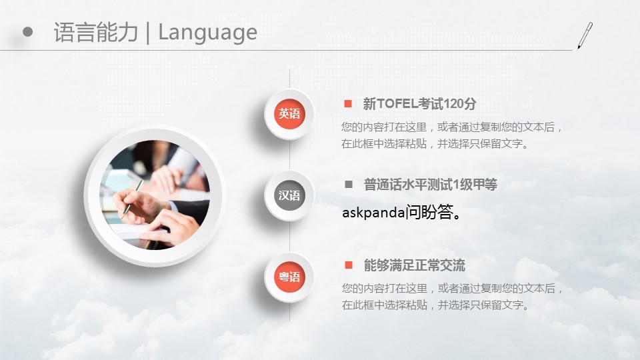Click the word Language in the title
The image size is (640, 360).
207,33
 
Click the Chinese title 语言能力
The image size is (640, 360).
96,33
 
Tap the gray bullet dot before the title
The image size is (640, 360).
28,32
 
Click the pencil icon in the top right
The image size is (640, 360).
585,36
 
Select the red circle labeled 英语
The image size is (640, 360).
289,113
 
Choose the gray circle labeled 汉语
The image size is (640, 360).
289,195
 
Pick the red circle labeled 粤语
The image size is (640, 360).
289,277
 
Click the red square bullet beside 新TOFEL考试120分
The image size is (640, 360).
348,104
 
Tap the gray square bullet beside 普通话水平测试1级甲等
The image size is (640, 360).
349,185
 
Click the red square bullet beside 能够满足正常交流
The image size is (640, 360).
349,265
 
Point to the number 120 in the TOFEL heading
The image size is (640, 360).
453,104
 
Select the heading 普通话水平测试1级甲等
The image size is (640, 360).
431,185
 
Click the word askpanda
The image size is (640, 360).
373,213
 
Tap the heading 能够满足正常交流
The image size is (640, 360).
414,266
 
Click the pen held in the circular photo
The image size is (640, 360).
133,197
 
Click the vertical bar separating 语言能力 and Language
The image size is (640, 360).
148,33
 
